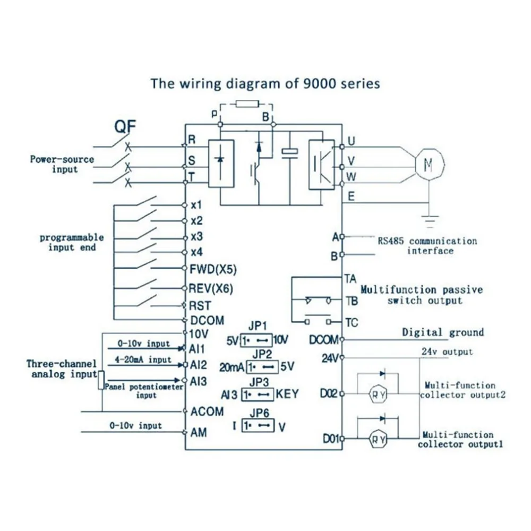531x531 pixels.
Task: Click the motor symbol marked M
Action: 430,165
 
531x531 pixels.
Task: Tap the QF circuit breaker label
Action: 125,127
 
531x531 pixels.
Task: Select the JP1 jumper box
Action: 256,340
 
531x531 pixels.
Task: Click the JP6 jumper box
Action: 258,426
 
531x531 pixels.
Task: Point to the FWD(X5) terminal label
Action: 213,270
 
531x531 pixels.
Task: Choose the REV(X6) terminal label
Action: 211,288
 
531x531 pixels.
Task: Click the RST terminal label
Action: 200,306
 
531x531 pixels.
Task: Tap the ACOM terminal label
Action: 207,412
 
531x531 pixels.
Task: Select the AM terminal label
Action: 199,432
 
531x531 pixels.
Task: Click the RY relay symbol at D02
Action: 378,394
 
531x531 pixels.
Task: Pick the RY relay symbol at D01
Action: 378,439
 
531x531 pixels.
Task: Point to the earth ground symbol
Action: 430,221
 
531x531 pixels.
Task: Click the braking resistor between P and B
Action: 247,104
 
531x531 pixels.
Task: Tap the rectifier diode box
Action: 221,164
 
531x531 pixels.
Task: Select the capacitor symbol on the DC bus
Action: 290,153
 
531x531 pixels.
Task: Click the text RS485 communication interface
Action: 427,246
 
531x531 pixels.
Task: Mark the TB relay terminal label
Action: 352,301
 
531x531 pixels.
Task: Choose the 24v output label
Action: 447,352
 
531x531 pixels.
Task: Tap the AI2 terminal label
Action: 198,365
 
